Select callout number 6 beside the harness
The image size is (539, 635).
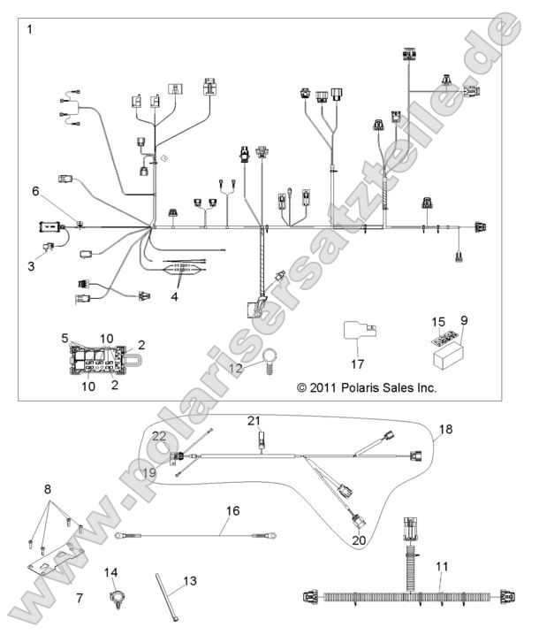pos(36,191)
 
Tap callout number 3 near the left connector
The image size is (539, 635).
pos(31,265)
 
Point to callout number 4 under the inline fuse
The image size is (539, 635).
pos(174,297)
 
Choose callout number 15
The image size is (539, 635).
pos(437,322)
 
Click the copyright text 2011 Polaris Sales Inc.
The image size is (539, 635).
pos(367,387)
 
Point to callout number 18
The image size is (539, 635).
pos(444,429)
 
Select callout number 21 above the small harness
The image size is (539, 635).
pos(254,419)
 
